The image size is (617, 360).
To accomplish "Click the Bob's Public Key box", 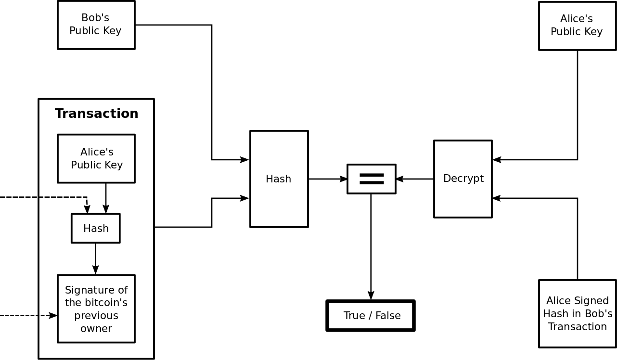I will point(96,25).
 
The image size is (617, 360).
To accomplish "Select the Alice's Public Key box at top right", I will point(577,26).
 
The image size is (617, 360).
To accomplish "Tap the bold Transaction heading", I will point(96,114).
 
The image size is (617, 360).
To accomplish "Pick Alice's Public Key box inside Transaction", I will point(96,159).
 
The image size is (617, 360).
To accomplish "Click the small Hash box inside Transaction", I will point(96,229).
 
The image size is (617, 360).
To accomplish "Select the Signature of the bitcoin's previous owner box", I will point(96,309).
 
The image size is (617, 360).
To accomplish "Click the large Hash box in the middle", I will point(279,179).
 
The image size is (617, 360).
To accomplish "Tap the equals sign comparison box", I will point(372,179).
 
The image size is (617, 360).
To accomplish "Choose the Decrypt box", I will point(463,179).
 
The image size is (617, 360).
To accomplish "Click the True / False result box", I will point(371,316).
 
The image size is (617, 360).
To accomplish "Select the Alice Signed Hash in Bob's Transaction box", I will point(578,314).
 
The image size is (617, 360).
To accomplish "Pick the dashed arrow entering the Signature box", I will point(29,316).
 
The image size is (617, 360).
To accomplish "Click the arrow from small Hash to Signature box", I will point(95,259).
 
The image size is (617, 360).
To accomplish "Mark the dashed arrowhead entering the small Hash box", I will point(87,209).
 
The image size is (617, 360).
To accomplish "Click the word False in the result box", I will point(388,316).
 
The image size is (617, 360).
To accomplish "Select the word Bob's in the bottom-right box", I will point(599,314).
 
